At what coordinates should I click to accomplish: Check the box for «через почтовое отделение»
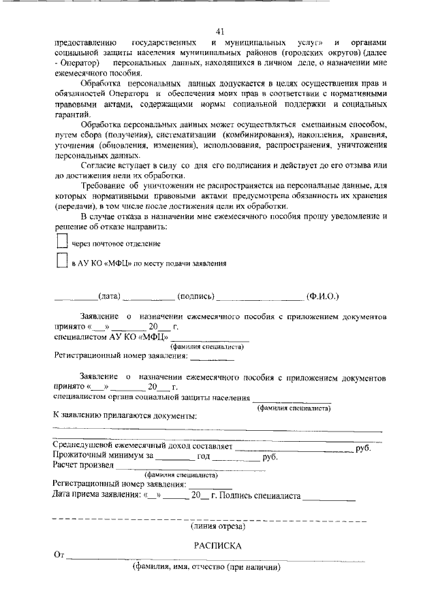[x=61, y=242]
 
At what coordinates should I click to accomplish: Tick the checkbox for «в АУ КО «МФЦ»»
[x=61, y=261]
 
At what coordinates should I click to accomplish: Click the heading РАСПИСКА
[x=218, y=546]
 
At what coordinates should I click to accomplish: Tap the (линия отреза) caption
[x=218, y=526]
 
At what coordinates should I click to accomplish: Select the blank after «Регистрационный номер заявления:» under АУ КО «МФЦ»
[x=211, y=356]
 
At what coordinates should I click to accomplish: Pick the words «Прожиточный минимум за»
[x=103, y=457]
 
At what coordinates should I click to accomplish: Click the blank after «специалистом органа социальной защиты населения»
[x=292, y=398]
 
